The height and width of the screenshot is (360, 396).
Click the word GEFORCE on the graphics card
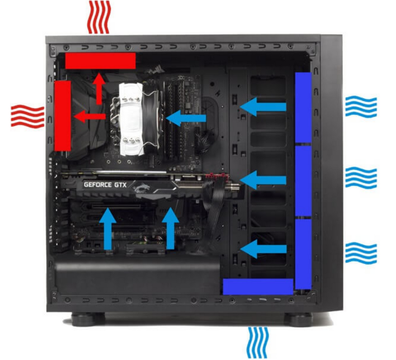click(x=98, y=185)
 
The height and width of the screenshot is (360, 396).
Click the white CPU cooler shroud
click(x=131, y=118)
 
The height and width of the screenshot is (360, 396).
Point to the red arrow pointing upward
click(x=99, y=88)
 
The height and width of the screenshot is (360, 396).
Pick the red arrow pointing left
click(x=90, y=116)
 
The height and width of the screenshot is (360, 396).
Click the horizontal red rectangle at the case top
click(x=100, y=61)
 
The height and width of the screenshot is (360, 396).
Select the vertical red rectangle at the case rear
click(x=62, y=116)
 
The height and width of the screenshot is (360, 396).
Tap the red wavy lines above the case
click(x=99, y=17)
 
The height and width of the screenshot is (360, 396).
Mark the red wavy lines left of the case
click(x=28, y=116)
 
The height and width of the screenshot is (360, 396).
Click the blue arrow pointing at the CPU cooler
click(x=186, y=118)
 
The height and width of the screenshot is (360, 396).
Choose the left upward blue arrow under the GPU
click(x=108, y=229)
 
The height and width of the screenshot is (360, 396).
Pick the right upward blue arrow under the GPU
click(x=170, y=228)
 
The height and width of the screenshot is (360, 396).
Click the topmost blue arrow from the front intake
click(x=263, y=107)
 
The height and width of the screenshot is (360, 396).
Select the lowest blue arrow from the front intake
click(x=264, y=249)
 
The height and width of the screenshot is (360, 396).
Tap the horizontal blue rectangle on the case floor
click(x=258, y=287)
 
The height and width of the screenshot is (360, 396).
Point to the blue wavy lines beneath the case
click(x=257, y=343)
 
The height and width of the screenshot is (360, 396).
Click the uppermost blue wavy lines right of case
click(x=361, y=106)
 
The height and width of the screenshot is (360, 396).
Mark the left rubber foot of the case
click(x=88, y=319)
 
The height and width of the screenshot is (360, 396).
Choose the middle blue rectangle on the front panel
click(x=303, y=181)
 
